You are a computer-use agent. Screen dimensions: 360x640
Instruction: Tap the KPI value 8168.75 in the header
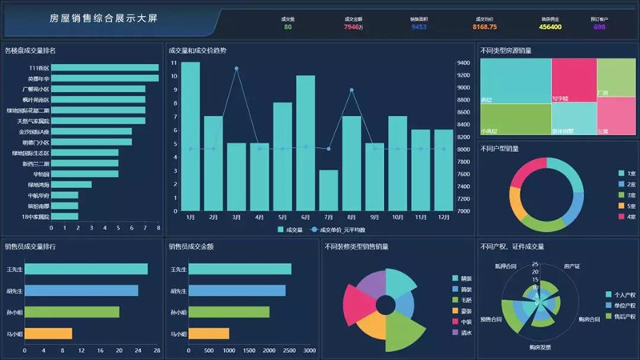tap(485, 26)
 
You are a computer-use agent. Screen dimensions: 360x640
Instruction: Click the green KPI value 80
tap(287, 26)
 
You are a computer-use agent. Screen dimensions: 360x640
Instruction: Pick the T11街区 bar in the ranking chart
tap(104, 68)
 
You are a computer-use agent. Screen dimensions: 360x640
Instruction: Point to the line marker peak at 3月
tap(237, 69)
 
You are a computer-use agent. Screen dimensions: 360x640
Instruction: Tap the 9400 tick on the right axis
tap(463, 62)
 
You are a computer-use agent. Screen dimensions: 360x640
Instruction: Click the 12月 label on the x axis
tap(443, 217)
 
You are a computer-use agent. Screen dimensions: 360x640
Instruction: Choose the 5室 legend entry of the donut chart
tap(626, 206)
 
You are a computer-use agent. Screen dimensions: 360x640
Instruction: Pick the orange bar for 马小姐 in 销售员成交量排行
tap(48, 333)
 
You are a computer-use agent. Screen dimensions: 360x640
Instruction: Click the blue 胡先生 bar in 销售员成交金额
tap(237, 290)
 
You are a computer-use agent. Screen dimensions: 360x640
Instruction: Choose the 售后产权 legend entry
tap(620, 316)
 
